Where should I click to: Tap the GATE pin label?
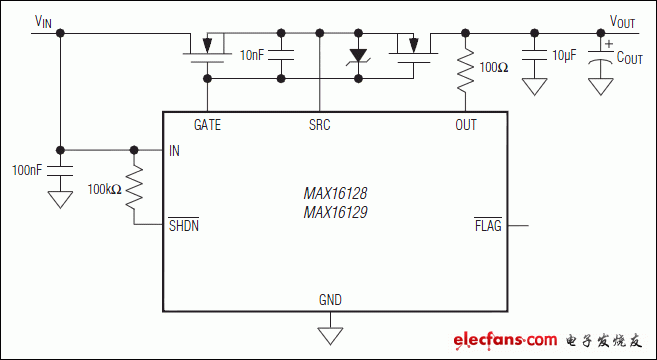[x=207, y=125]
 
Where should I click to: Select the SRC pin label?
[x=319, y=125]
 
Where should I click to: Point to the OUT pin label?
[x=465, y=125]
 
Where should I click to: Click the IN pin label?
[x=175, y=150]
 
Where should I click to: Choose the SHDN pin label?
[x=184, y=225]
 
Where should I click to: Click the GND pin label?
[x=329, y=299]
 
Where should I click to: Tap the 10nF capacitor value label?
[x=253, y=55]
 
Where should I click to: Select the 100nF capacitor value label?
[x=27, y=170]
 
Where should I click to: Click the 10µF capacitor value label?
[x=565, y=55]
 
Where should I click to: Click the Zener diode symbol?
[x=357, y=57]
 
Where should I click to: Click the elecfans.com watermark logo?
[x=546, y=341]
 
